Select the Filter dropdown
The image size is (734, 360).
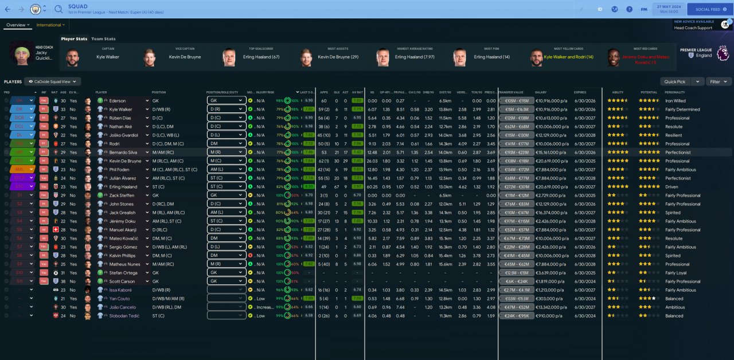point(719,82)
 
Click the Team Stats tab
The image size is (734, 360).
point(103,39)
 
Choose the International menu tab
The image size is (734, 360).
point(50,25)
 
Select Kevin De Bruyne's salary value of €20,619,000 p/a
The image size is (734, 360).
point(552,161)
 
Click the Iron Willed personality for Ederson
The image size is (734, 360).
point(676,101)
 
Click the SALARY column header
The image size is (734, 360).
point(541,92)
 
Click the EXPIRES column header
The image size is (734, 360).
point(580,92)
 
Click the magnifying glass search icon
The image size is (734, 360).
point(58,9)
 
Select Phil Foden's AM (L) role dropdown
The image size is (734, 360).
point(226,170)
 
